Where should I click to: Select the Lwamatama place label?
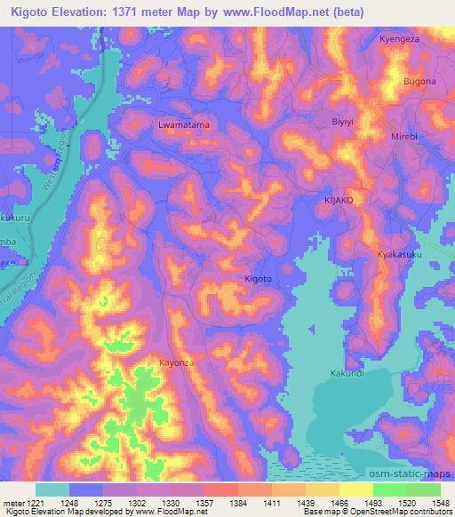184,126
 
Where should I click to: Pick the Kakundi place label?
347,373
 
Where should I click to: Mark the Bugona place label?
420,82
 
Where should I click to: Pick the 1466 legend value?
340,502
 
